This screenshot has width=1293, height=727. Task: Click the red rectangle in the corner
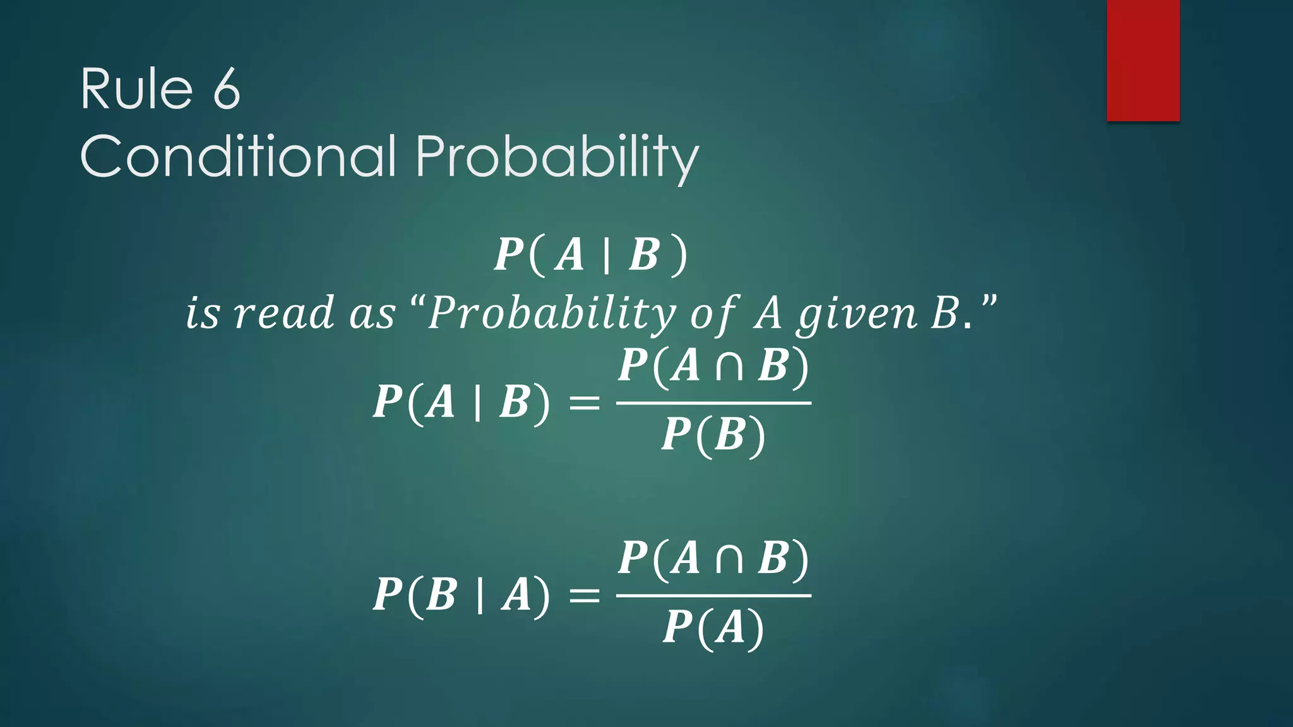pyautogui.click(x=1143, y=60)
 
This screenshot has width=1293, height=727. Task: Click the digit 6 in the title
pyautogui.click(x=226, y=89)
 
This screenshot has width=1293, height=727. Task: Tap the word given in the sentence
pyautogui.click(x=857, y=314)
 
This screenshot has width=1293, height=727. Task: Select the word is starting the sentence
pyautogui.click(x=202, y=313)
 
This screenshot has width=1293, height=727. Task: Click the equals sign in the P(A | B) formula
pyautogui.click(x=584, y=403)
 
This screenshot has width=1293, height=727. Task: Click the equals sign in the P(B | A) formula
pyautogui.click(x=584, y=595)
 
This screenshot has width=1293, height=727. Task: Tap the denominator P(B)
pyautogui.click(x=713, y=435)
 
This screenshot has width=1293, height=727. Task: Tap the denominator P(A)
pyautogui.click(x=713, y=628)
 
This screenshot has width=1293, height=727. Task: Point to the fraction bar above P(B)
pyautogui.click(x=713, y=403)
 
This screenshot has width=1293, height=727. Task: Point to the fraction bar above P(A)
pyautogui.click(x=713, y=595)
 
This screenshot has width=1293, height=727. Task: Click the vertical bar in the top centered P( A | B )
pyautogui.click(x=606, y=256)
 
